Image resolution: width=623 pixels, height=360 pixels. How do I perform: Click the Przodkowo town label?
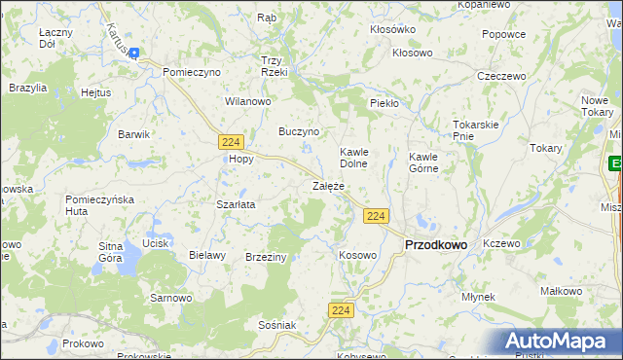pyautogui.click(x=435, y=246)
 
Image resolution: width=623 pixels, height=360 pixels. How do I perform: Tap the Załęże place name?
pyautogui.click(x=328, y=185)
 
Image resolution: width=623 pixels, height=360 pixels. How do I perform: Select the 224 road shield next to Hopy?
pyautogui.click(x=231, y=141)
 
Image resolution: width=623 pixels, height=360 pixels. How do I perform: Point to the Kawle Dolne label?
pyautogui.click(x=352, y=159)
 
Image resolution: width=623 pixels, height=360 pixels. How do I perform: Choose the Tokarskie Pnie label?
pyautogui.click(x=476, y=130)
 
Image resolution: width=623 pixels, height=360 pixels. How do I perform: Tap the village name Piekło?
pyautogui.click(x=385, y=102)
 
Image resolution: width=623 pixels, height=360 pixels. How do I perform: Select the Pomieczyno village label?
pyautogui.click(x=192, y=72)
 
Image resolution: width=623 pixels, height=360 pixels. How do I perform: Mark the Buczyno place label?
pyautogui.click(x=299, y=130)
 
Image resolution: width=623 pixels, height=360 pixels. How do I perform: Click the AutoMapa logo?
pyautogui.click(x=559, y=342)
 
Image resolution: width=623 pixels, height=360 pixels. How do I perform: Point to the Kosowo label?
pyautogui.click(x=357, y=255)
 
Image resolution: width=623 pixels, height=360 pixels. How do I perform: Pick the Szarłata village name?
pyautogui.click(x=236, y=205)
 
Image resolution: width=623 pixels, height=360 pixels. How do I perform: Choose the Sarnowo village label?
pyautogui.click(x=170, y=297)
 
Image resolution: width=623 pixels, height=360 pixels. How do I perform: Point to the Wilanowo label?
pyautogui.click(x=247, y=100)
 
